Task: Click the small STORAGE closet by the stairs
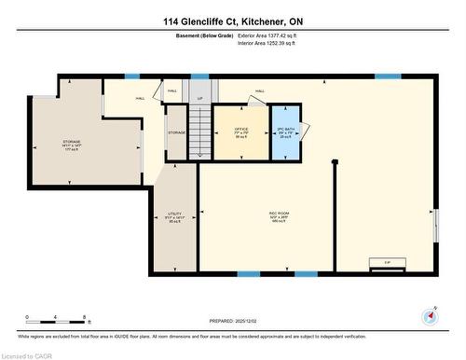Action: pyautogui.click(x=177, y=133)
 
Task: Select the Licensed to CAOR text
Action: pyautogui.click(x=28, y=354)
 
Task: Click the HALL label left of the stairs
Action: pyautogui.click(x=141, y=99)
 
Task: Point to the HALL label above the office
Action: pyautogui.click(x=259, y=91)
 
